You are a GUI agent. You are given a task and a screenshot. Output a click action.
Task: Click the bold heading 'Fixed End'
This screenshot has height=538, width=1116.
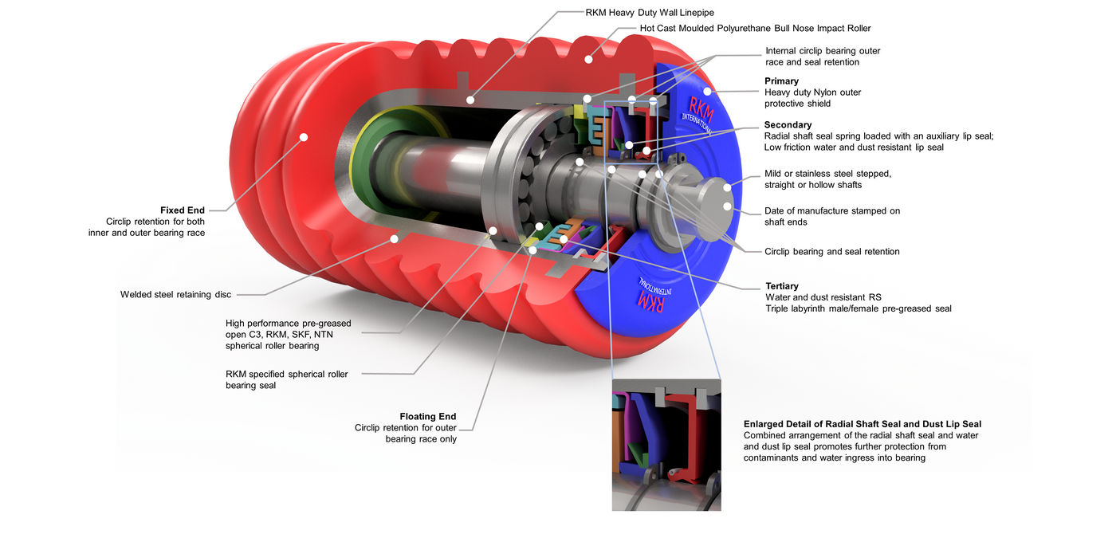[x=183, y=210]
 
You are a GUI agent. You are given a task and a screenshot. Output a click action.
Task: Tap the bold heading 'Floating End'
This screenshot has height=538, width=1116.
[x=428, y=416]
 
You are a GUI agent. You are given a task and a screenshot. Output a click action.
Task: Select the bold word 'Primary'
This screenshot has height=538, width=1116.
[x=782, y=81]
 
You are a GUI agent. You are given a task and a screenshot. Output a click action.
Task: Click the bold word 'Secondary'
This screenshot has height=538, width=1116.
[x=788, y=125]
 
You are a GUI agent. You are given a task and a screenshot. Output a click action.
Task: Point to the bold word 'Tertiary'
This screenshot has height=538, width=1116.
[x=782, y=286]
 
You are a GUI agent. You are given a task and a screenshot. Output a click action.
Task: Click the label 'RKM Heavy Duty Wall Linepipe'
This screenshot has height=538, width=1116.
[x=650, y=13]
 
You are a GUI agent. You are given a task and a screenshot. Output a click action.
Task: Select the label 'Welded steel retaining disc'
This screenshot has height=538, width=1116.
[x=176, y=294]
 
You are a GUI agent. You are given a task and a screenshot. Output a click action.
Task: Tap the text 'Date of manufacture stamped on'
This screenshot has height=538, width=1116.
[x=832, y=210]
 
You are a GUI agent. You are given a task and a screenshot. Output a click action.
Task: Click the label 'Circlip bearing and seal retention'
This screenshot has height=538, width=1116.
[x=832, y=252]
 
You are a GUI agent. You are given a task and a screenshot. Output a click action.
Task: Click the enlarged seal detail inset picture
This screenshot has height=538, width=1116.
[x=666, y=445]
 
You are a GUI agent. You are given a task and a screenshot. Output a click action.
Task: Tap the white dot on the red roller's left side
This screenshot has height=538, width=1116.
[x=304, y=137]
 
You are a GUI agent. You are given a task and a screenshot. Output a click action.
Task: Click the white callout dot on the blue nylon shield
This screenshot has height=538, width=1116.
[x=707, y=92]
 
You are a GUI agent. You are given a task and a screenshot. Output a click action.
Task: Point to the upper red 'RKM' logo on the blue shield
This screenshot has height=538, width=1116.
[x=701, y=111]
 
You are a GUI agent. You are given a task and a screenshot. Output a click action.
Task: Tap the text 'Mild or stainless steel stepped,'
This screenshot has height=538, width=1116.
[x=828, y=174]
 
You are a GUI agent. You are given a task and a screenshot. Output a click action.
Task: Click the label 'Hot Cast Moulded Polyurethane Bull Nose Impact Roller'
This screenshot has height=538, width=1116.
[x=756, y=29]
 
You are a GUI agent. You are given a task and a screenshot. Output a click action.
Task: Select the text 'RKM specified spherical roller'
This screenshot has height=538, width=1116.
[x=286, y=374]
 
